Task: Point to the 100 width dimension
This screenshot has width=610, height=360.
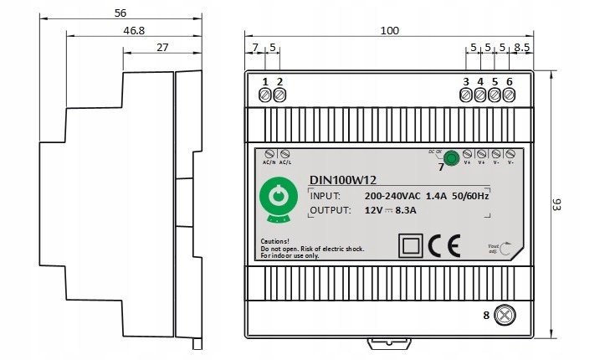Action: (x=389, y=30)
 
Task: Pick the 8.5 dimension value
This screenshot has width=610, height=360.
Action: (x=521, y=48)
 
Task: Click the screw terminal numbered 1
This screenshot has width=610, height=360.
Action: (x=266, y=95)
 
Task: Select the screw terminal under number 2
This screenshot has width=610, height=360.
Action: (x=279, y=95)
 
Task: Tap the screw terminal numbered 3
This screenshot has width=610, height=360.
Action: (x=466, y=95)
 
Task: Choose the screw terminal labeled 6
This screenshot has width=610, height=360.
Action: (x=509, y=95)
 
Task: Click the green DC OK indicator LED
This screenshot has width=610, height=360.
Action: (x=451, y=156)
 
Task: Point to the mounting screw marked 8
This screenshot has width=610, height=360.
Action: (x=505, y=315)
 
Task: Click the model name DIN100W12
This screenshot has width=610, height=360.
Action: (x=343, y=178)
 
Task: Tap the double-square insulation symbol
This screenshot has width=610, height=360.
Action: (x=411, y=245)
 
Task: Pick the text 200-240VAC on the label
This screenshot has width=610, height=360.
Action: (x=393, y=195)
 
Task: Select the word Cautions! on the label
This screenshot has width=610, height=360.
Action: (x=276, y=240)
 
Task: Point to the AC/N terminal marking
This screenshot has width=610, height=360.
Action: (x=269, y=162)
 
